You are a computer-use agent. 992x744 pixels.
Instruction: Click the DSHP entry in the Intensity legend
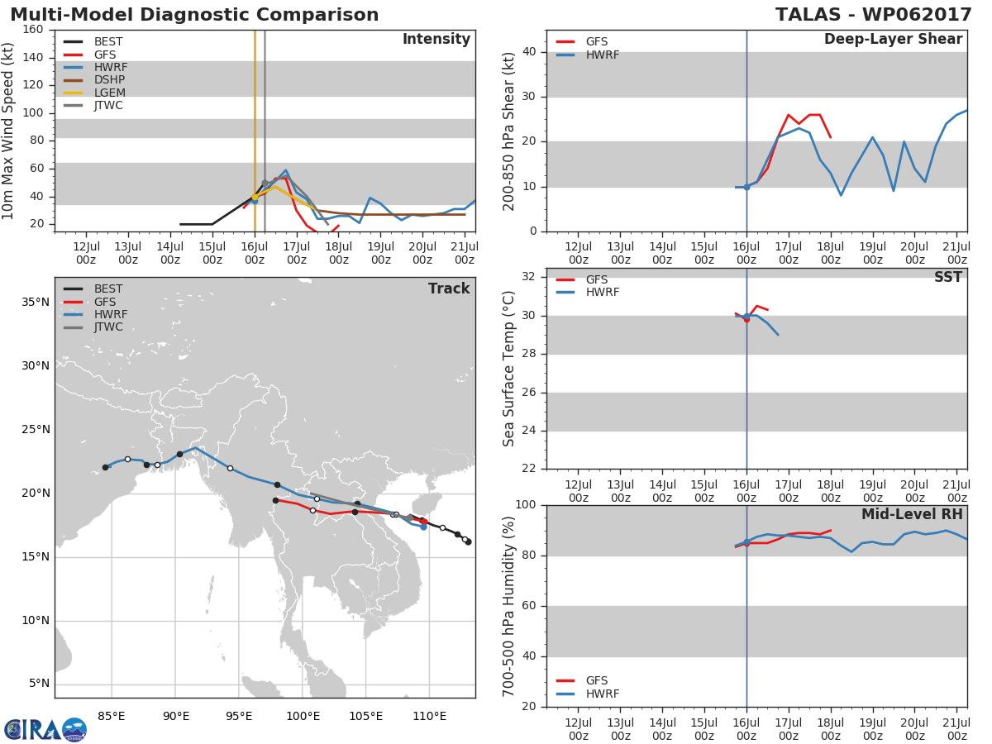(94, 80)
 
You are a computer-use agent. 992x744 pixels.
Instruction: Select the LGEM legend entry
(94, 93)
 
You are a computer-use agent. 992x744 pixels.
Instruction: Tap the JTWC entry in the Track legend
(93, 327)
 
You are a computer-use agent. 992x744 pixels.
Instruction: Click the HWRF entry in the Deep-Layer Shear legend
(588, 55)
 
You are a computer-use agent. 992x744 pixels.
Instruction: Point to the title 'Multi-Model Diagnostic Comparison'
(194, 15)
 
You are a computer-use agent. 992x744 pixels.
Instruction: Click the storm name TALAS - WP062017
(873, 15)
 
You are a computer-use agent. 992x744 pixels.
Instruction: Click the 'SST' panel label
(947, 277)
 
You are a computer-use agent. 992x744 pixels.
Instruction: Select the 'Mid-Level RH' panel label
(912, 514)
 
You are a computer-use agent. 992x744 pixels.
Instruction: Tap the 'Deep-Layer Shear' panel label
(893, 40)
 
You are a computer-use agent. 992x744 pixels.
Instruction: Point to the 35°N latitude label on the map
(36, 303)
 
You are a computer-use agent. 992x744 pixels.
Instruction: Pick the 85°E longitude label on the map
(112, 716)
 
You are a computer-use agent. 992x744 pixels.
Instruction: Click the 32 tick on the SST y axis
(529, 276)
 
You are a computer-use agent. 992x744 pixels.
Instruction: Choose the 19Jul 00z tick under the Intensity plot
(380, 253)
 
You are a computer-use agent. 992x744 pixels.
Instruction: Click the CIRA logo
(45, 729)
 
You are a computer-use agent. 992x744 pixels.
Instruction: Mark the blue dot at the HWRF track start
(423, 527)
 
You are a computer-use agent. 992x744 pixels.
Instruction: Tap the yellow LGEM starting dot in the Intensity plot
(255, 197)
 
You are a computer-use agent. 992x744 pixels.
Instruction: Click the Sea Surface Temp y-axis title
(508, 369)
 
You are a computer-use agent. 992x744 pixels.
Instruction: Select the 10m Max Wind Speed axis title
(7, 131)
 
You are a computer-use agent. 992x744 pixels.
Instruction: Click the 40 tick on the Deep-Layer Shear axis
(529, 52)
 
